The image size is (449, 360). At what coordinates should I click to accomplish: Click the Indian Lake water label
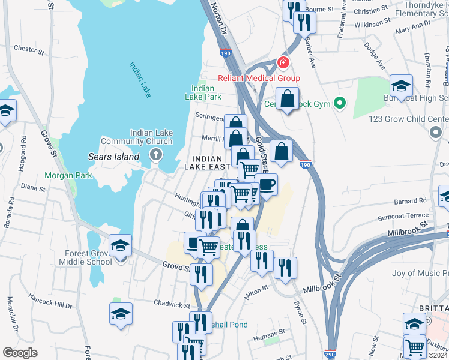pyautogui.click(x=140, y=78)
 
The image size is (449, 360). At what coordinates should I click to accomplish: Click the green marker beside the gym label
pyautogui.click(x=340, y=104)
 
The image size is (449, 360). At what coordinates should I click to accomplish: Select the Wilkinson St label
pyautogui.click(x=372, y=23)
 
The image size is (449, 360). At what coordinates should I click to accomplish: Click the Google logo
pyautogui.click(x=20, y=353)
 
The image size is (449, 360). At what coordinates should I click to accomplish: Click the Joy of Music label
pyautogui.click(x=420, y=274)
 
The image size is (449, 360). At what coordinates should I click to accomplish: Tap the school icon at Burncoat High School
pyautogui.click(x=401, y=85)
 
